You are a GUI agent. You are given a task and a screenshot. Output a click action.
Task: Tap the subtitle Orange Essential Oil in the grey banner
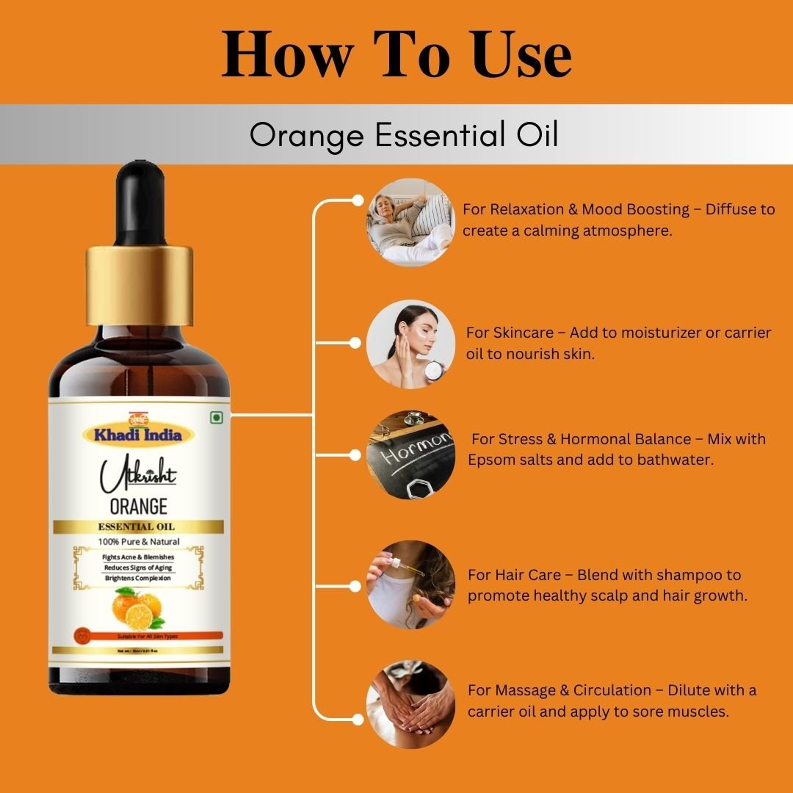pos(404,135)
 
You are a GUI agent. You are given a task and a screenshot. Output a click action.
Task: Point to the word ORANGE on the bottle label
pos(138,506)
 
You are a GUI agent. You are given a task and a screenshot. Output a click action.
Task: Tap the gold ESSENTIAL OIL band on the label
pos(138,526)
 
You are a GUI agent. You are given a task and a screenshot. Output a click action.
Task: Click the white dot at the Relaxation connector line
pos(358,200)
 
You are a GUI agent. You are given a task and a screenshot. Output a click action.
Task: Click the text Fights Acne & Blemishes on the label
pos(138,557)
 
